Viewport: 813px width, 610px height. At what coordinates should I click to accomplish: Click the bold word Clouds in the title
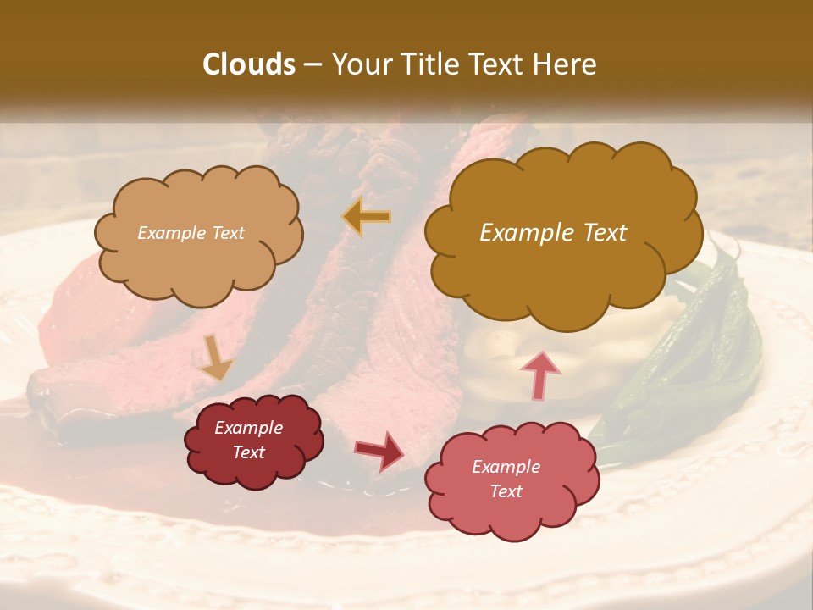point(250,64)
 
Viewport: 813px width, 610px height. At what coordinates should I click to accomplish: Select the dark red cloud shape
point(254,441)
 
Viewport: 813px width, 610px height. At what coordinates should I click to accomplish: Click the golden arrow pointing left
point(367,217)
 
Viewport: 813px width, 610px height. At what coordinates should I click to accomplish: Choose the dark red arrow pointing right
point(379,450)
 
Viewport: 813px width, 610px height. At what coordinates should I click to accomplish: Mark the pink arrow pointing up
point(540,374)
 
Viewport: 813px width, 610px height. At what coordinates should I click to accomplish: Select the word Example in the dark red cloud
point(248,428)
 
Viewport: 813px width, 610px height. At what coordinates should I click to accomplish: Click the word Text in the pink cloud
point(506,491)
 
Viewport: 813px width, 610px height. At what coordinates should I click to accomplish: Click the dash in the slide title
point(312,64)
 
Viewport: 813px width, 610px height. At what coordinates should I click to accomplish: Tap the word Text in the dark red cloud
point(248,452)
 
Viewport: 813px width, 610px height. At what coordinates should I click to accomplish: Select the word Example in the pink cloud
point(506,467)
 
